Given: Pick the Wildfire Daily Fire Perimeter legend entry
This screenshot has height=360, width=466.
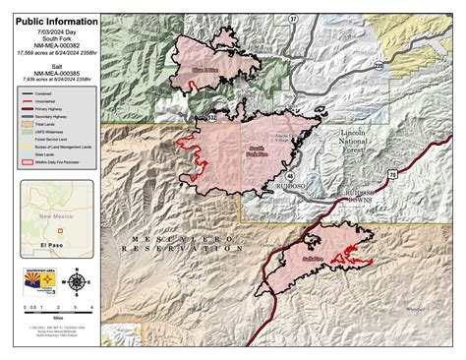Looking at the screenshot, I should [x=55, y=159].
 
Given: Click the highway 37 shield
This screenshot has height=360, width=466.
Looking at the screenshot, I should [x=293, y=19].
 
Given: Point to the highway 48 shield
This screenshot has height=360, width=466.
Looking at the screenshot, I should [x=291, y=174].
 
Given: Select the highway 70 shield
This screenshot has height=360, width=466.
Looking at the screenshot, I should [x=392, y=172].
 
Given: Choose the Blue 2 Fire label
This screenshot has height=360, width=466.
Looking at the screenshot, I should [x=204, y=70].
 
